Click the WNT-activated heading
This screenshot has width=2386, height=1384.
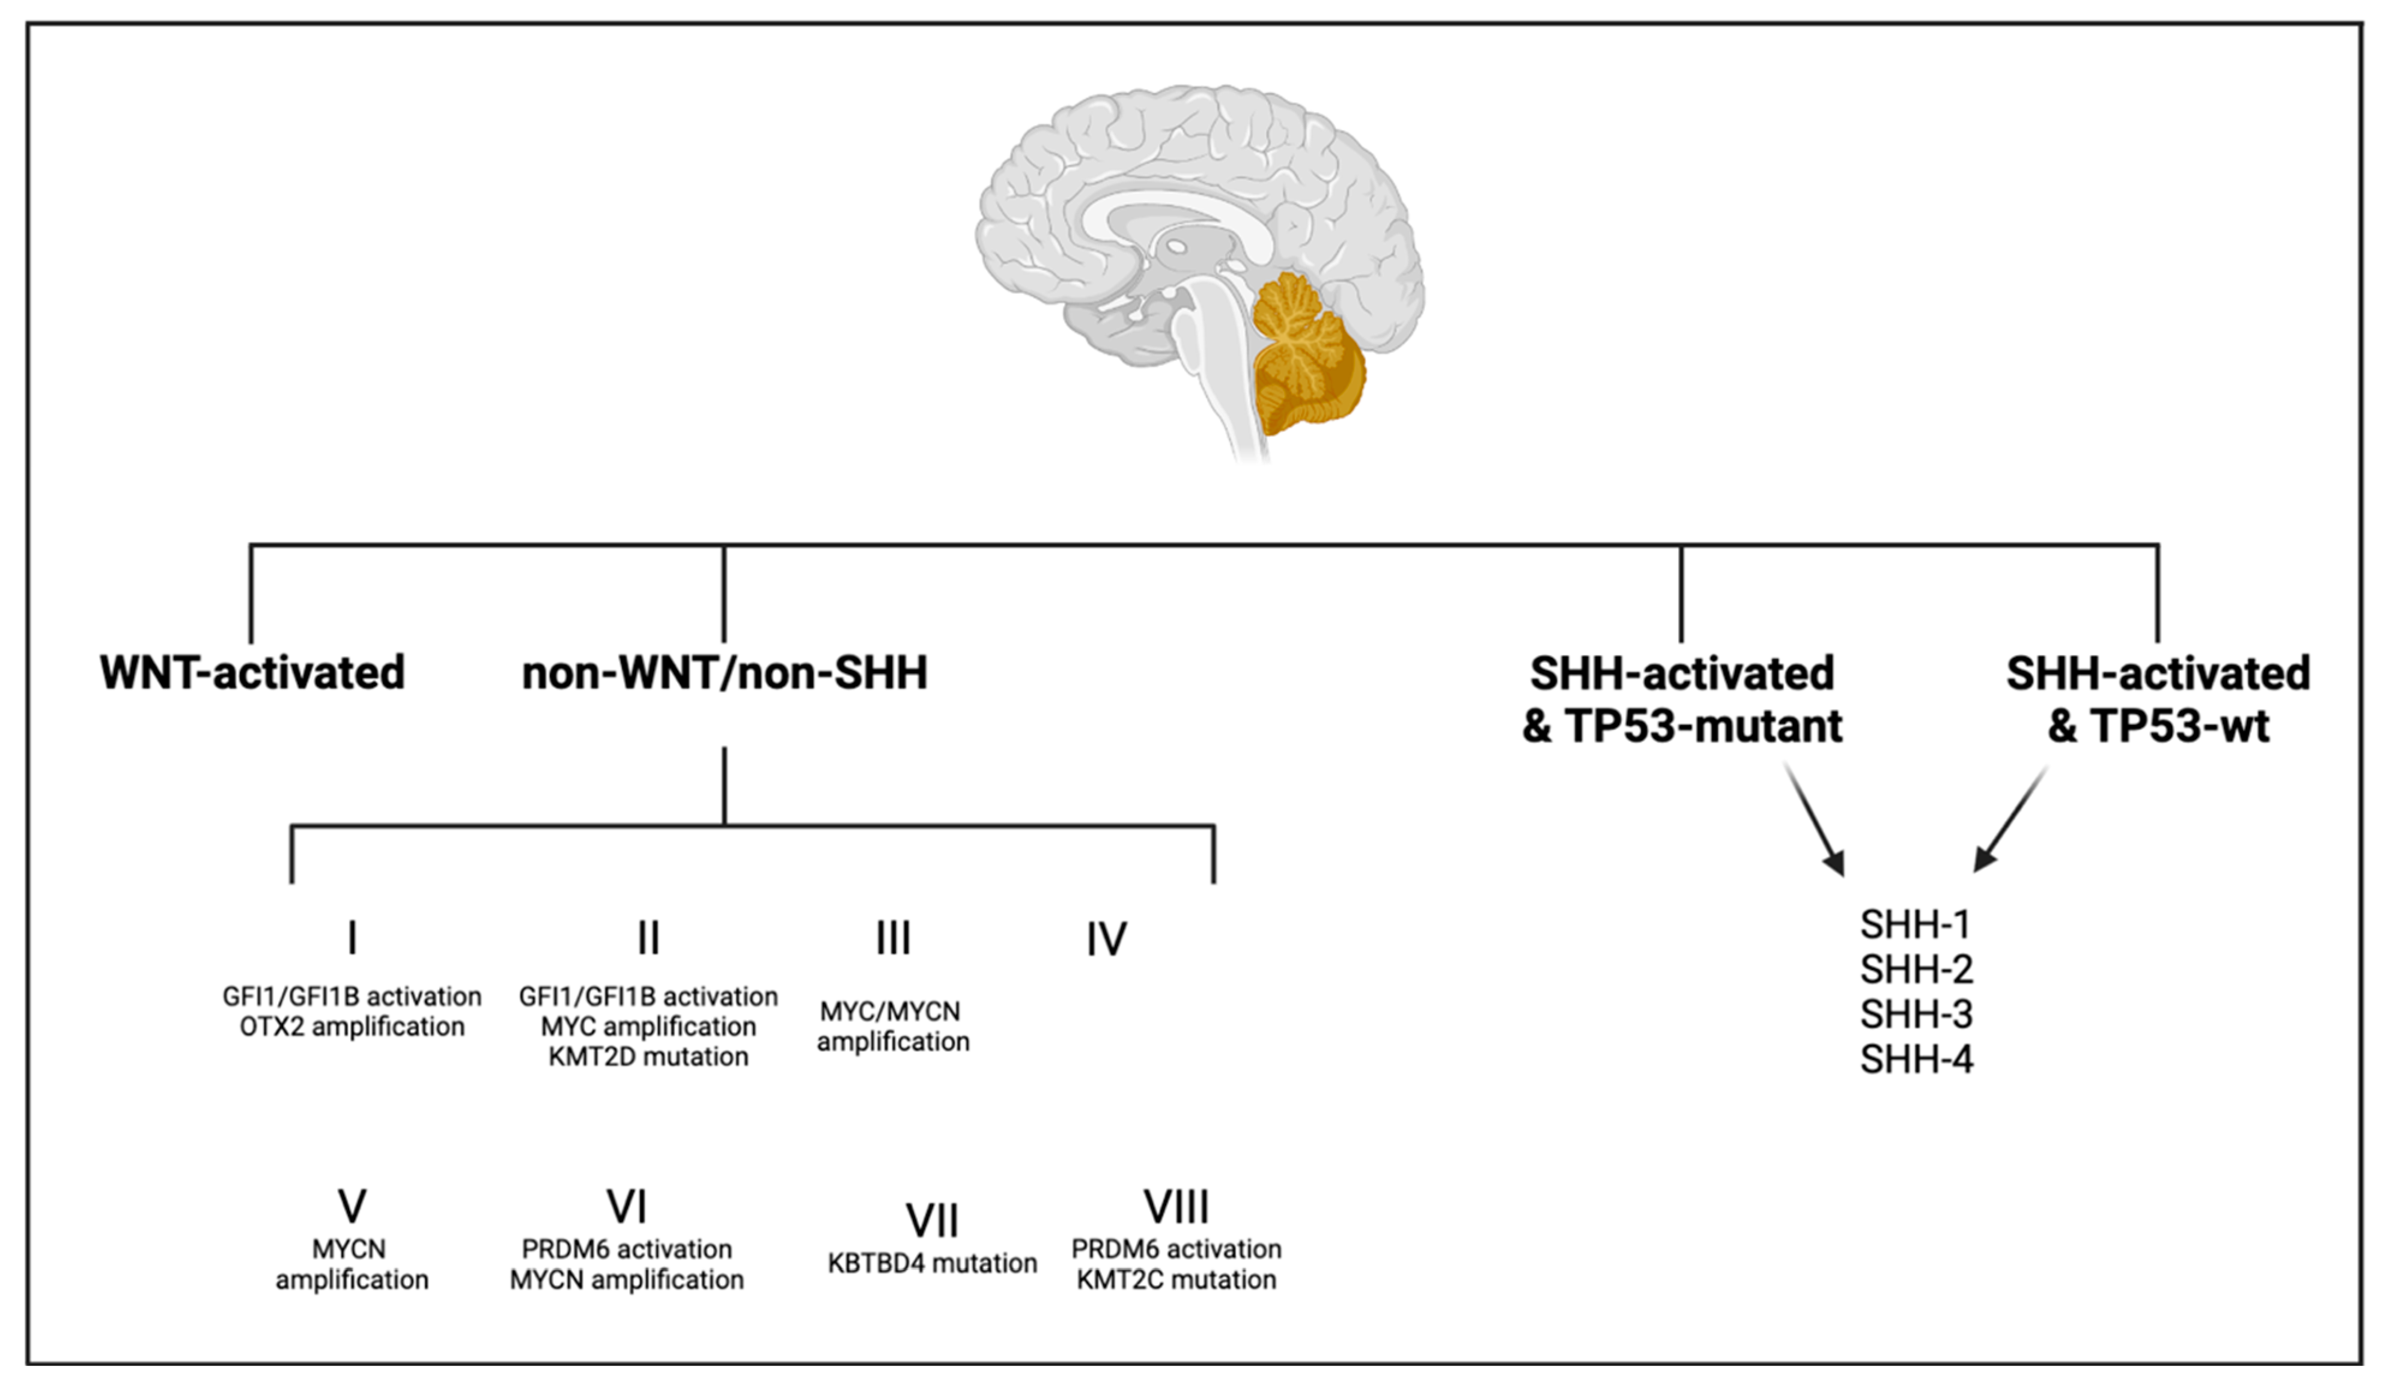click(x=252, y=673)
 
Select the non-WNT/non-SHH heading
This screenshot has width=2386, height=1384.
click(x=724, y=673)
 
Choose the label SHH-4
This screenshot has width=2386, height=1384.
click(x=1916, y=1059)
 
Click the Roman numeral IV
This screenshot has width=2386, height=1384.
click(x=1106, y=939)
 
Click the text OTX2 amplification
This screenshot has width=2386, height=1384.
click(x=352, y=1027)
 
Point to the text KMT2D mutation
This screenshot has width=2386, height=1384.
click(x=648, y=1057)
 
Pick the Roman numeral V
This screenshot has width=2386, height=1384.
click(x=352, y=1207)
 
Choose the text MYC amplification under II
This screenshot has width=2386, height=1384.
click(x=648, y=1027)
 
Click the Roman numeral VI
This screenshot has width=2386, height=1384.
click(x=626, y=1207)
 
